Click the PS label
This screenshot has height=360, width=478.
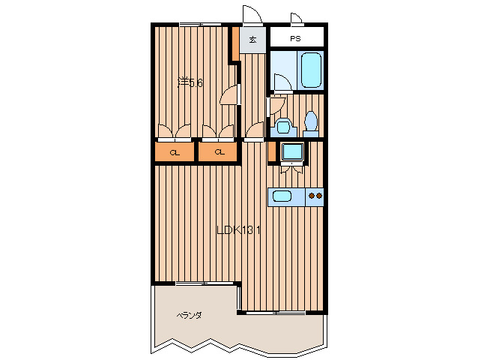click(295, 39)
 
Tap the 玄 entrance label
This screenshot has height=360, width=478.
click(252, 39)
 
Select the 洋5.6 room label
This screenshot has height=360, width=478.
click(190, 82)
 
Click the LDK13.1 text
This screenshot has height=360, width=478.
click(238, 229)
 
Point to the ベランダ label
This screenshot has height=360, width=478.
click(189, 315)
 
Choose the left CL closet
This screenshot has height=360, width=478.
click(175, 152)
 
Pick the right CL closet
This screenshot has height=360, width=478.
click(218, 152)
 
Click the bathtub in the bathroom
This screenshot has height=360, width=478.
click(311, 70)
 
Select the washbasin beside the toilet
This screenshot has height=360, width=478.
click(283, 127)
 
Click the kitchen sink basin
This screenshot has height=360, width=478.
click(282, 196)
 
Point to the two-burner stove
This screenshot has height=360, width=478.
click(315, 196)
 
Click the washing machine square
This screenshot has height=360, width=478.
click(292, 151)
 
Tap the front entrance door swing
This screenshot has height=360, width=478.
click(252, 14)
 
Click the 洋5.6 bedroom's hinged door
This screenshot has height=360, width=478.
click(229, 95)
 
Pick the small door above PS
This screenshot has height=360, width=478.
click(296, 18)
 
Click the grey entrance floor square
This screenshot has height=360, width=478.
click(252, 40)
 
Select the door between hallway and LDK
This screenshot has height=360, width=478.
click(255, 130)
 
